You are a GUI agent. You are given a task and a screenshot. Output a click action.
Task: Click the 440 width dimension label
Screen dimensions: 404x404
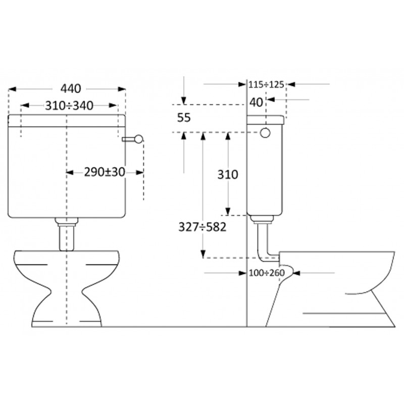(x=71, y=89)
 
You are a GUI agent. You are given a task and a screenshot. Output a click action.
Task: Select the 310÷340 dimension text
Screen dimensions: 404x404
(x=69, y=106)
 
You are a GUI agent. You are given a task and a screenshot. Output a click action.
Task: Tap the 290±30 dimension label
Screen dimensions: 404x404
(x=105, y=172)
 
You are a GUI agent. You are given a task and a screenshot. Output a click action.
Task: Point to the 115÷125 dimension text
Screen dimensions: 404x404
(x=266, y=84)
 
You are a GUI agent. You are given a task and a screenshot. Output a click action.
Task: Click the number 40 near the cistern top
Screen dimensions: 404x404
(x=256, y=103)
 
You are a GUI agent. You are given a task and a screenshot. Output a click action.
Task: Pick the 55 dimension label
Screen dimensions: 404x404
(x=184, y=118)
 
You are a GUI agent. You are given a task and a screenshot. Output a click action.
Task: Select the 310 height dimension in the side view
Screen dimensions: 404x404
(x=228, y=175)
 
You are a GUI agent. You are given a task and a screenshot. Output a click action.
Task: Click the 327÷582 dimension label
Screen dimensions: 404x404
(x=203, y=227)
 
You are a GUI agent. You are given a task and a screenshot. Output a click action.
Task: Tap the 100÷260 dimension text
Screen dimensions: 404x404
(x=267, y=273)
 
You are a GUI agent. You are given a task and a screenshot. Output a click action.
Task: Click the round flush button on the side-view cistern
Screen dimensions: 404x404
(x=265, y=133)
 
